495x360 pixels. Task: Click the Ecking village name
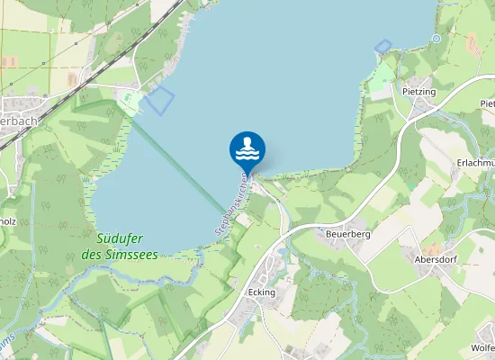(x=260, y=292)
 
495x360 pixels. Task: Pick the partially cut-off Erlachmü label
(x=476, y=162)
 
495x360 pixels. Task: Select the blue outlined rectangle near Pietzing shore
(x=382, y=46)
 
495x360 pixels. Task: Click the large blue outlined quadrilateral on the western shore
(x=158, y=99)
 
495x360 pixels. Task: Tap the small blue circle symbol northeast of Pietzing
(x=436, y=39)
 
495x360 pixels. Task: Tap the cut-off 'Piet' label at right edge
(x=486, y=103)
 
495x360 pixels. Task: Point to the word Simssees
(x=131, y=255)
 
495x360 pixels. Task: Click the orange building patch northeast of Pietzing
(x=472, y=42)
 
